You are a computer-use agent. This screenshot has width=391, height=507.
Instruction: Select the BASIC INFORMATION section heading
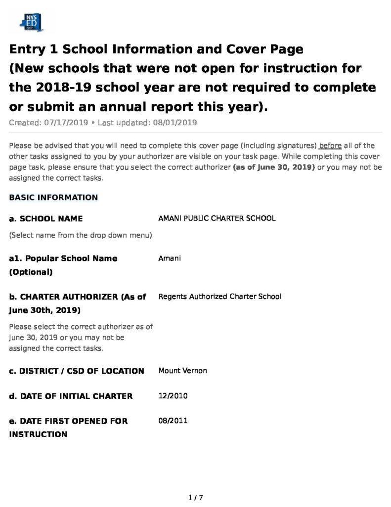53,198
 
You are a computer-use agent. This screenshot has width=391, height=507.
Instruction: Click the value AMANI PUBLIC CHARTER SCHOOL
217,218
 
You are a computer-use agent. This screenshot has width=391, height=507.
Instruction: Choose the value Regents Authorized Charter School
220,297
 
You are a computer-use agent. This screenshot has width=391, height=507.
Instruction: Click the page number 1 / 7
196,498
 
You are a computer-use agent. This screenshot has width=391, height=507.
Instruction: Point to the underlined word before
330,146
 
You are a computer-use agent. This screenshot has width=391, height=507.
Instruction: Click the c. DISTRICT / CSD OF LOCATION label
77,371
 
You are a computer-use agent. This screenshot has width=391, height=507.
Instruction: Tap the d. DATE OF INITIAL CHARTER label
71,396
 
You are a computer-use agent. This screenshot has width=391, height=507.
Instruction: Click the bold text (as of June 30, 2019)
274,167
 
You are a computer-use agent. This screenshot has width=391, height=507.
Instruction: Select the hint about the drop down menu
81,235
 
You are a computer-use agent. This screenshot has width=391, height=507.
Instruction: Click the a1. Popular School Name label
63,258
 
